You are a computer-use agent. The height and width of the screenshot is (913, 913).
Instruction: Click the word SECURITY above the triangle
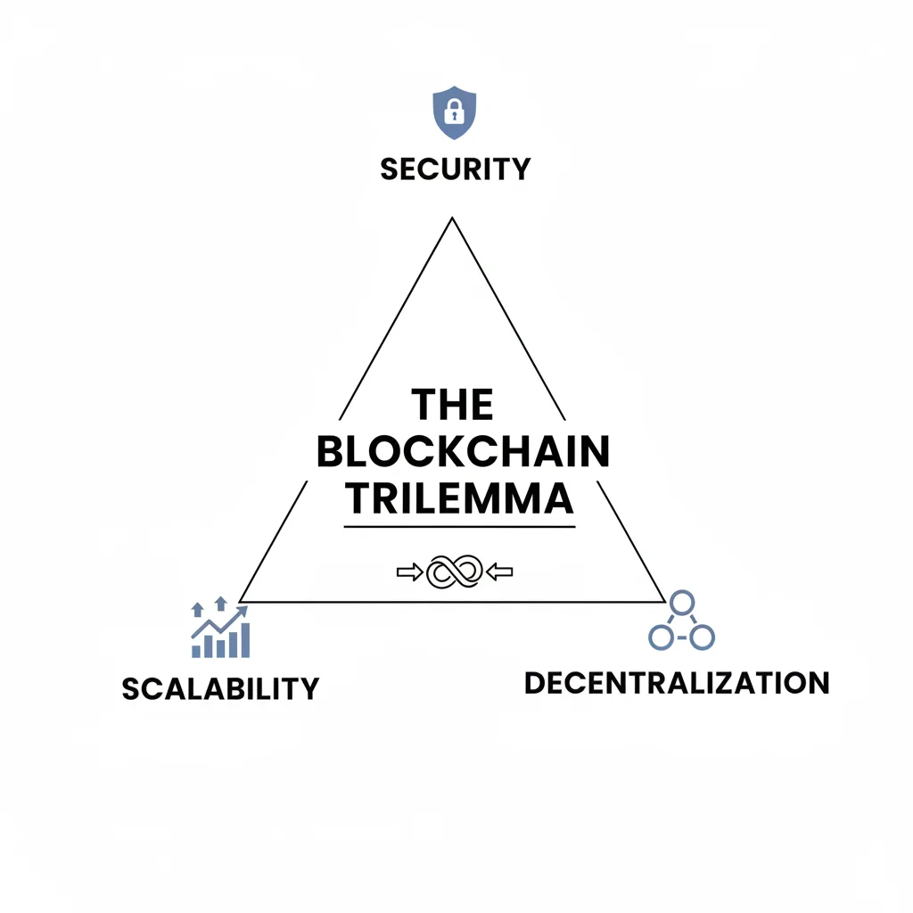click(x=455, y=168)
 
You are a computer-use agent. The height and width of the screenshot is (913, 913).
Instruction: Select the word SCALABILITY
click(x=220, y=688)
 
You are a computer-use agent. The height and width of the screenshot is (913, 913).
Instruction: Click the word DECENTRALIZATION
click(x=677, y=683)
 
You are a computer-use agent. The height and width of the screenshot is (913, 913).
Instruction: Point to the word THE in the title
click(x=453, y=406)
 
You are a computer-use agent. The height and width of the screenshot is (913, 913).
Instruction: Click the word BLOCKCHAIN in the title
click(x=463, y=453)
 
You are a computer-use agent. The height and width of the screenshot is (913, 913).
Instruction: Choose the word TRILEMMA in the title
click(x=459, y=499)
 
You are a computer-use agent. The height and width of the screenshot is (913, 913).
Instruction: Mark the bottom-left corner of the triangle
click(x=241, y=601)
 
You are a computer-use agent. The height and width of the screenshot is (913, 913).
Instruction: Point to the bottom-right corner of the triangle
click(x=664, y=601)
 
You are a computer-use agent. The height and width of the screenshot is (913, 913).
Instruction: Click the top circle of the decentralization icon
click(x=681, y=604)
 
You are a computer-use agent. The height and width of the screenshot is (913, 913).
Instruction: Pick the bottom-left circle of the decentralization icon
click(x=660, y=637)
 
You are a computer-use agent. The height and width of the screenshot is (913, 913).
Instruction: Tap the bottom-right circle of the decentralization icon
click(x=703, y=637)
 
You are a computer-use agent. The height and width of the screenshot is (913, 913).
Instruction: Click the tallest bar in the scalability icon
click(x=244, y=640)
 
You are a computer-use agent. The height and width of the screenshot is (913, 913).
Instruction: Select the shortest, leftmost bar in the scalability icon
click(x=196, y=650)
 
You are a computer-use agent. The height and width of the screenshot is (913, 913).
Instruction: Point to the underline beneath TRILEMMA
click(x=459, y=527)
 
